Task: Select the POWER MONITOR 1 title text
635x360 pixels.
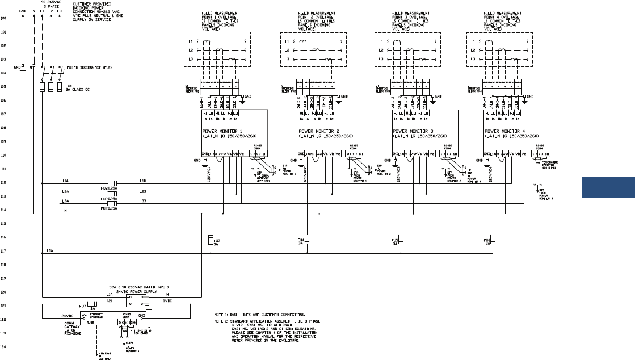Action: click(x=222, y=131)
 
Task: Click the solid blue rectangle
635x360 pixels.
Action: click(x=608, y=188)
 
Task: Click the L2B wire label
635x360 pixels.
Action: click(x=142, y=191)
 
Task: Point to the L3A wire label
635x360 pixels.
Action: click(x=66, y=200)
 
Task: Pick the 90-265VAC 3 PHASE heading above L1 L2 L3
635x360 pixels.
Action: click(x=51, y=5)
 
